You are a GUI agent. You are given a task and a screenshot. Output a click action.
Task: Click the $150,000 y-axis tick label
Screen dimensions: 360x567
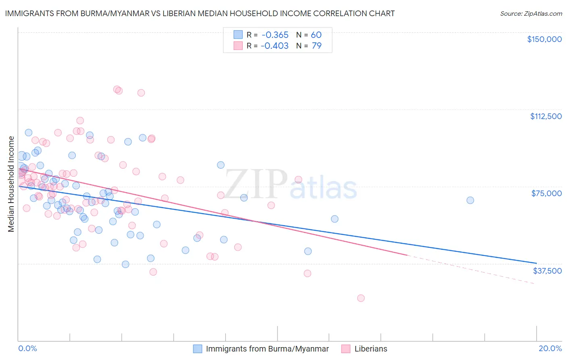[544, 39]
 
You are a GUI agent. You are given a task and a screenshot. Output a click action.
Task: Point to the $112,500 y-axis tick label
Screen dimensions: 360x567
[546, 116]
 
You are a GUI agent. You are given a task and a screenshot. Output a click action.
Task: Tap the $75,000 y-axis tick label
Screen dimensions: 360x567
[546, 193]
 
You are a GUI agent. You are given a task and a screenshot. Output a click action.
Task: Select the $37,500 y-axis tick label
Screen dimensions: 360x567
[547, 270]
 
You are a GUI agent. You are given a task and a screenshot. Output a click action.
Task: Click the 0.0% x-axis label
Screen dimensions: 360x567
[27, 349]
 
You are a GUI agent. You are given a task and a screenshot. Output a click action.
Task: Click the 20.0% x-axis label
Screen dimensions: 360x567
[550, 349]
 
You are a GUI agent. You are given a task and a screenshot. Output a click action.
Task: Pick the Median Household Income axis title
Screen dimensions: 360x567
[11, 184]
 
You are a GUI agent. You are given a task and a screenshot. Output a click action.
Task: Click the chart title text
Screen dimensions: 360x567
[199, 13]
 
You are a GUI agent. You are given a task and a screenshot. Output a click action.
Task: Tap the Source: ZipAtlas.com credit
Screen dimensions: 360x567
[531, 14]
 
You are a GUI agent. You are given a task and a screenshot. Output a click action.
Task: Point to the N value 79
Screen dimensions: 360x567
[317, 46]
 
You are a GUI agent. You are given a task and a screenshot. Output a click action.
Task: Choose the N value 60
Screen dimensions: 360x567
[316, 35]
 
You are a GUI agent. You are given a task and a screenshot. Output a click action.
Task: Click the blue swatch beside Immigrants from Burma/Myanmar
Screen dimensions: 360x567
[198, 349]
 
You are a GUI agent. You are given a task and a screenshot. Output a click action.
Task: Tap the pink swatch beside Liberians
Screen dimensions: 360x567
[346, 349]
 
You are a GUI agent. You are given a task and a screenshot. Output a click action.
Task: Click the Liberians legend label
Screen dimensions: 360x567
[371, 349]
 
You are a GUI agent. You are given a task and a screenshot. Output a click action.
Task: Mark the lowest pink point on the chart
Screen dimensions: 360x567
[361, 298]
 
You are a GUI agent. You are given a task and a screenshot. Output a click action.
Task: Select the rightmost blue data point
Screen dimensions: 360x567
[470, 200]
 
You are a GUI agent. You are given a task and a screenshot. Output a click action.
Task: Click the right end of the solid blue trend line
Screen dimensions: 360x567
[536, 263]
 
